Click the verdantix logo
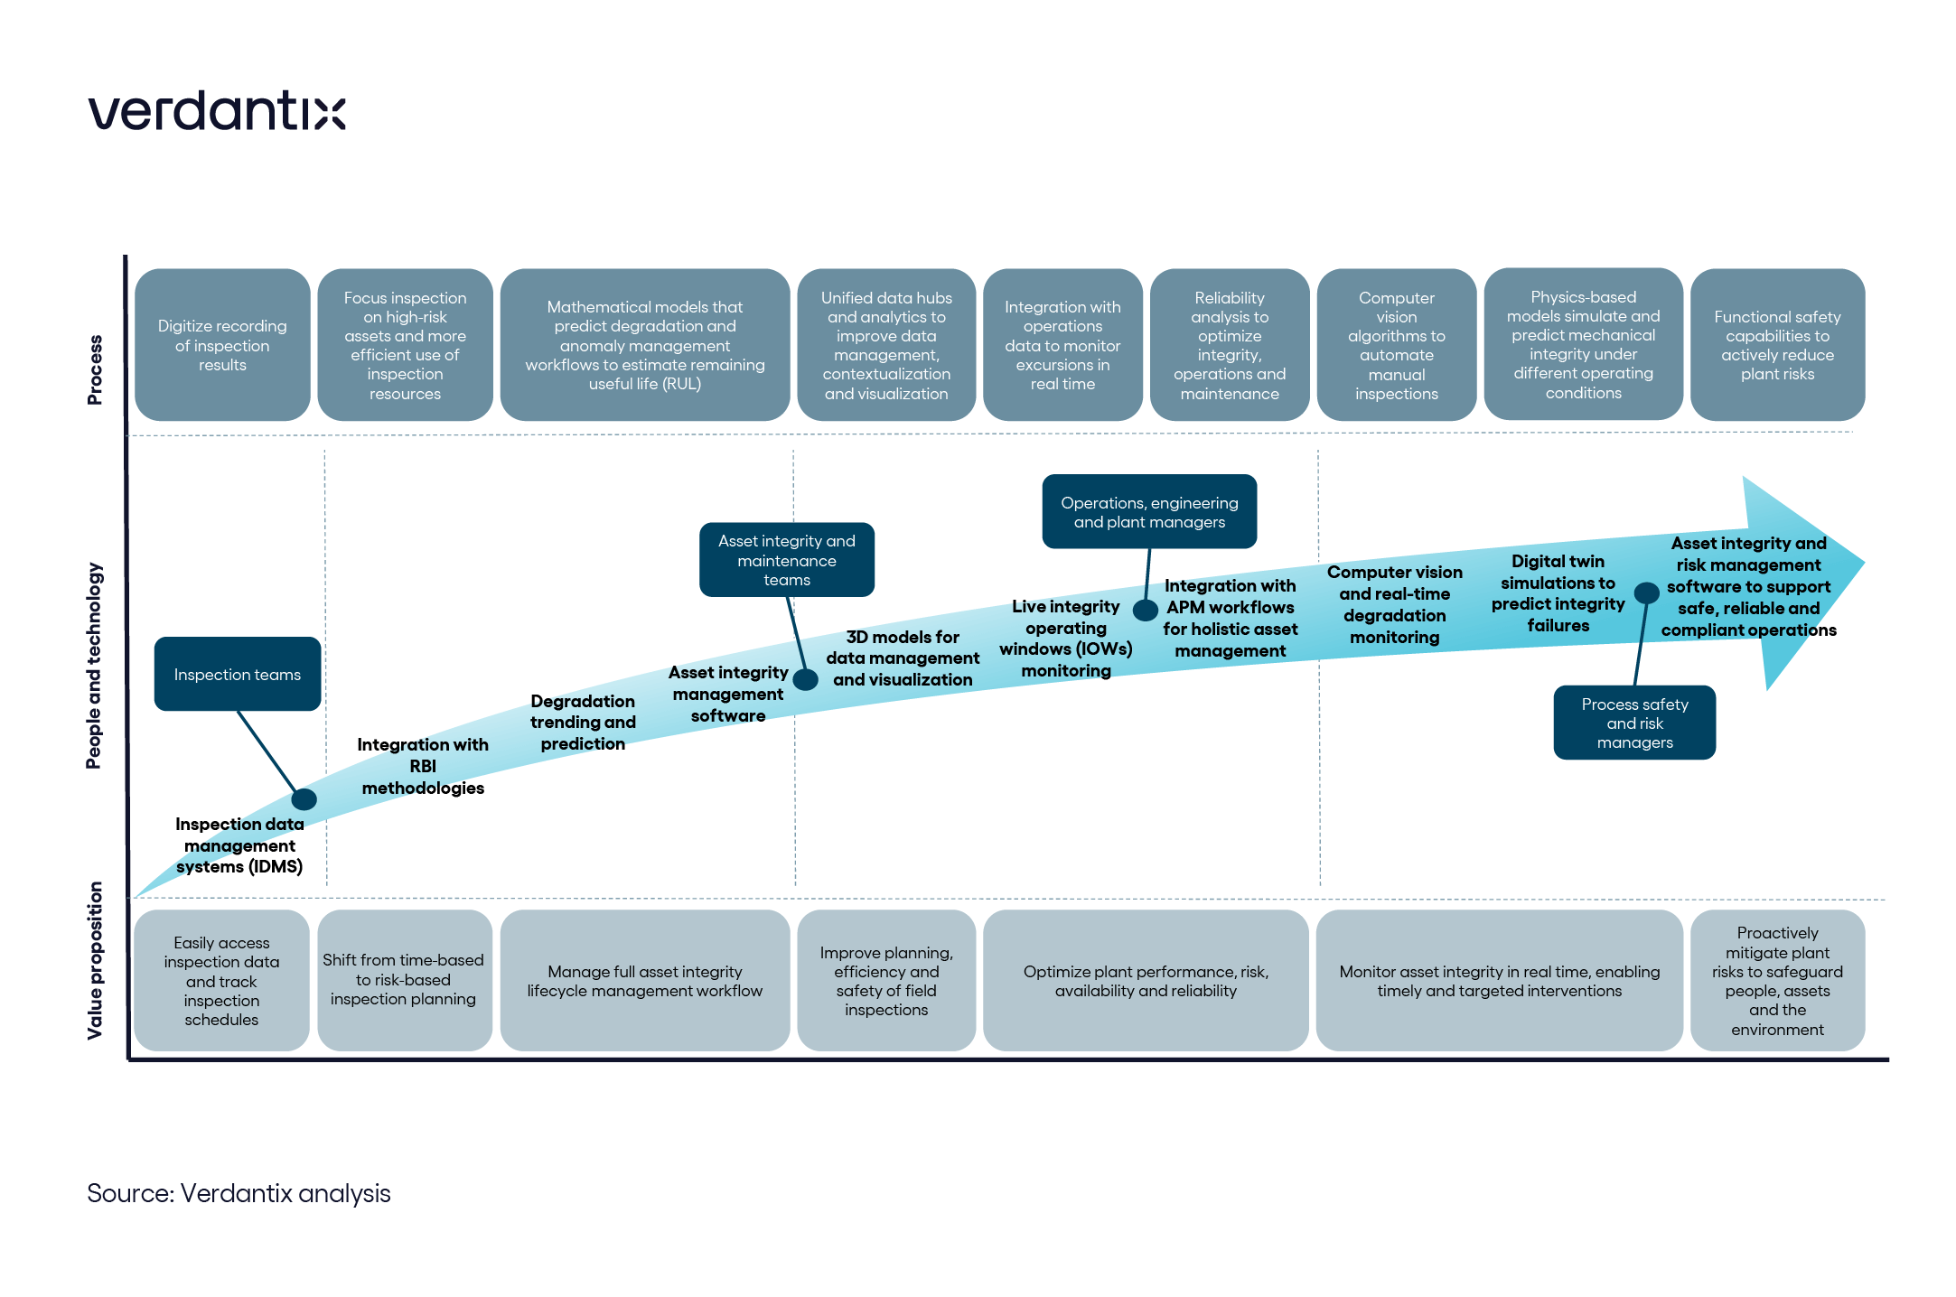[x=217, y=110]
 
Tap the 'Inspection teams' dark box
[x=238, y=674]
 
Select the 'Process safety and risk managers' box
[x=1634, y=723]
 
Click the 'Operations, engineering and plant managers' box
[x=1149, y=511]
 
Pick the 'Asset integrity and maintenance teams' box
[x=787, y=560]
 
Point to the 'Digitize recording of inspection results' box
[x=222, y=345]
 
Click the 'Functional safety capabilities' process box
[x=1777, y=345]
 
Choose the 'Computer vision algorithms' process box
[x=1397, y=345]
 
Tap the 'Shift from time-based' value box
[x=404, y=980]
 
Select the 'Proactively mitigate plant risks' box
[x=1777, y=980]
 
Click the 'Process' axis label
[x=95, y=369]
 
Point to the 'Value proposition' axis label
[x=95, y=960]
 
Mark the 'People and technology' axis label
[x=94, y=666]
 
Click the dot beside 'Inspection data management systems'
[x=304, y=798]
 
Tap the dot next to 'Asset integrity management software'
[x=806, y=679]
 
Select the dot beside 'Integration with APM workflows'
[x=1146, y=611]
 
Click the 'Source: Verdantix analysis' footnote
[x=239, y=1193]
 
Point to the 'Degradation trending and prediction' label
[x=583, y=723]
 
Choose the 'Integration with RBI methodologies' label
[x=423, y=766]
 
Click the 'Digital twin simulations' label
[x=1558, y=593]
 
